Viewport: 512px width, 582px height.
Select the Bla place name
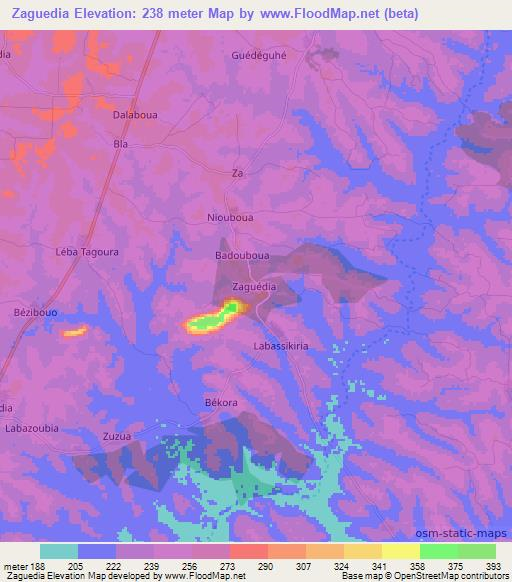(122, 144)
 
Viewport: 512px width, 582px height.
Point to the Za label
(237, 173)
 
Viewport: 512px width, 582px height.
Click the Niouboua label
(229, 213)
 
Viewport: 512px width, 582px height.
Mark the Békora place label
(221, 402)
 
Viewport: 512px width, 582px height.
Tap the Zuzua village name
(117, 436)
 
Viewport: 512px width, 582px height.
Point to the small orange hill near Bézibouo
(75, 331)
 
